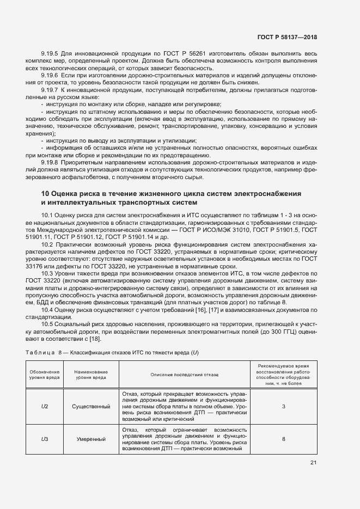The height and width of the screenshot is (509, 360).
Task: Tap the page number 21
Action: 313,463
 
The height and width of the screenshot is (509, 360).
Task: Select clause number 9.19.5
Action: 51,53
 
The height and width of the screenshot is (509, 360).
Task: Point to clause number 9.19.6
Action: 51,75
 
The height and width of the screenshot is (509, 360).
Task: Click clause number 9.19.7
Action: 51,89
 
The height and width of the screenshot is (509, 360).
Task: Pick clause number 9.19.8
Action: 51,162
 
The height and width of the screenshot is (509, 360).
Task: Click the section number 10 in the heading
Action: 45,194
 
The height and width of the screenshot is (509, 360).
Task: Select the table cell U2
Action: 45,406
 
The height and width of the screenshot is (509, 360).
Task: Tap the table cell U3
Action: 45,439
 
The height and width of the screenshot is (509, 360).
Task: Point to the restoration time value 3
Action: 284,406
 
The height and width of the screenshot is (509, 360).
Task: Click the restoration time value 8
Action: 284,439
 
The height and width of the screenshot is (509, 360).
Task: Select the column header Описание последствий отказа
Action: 184,375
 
